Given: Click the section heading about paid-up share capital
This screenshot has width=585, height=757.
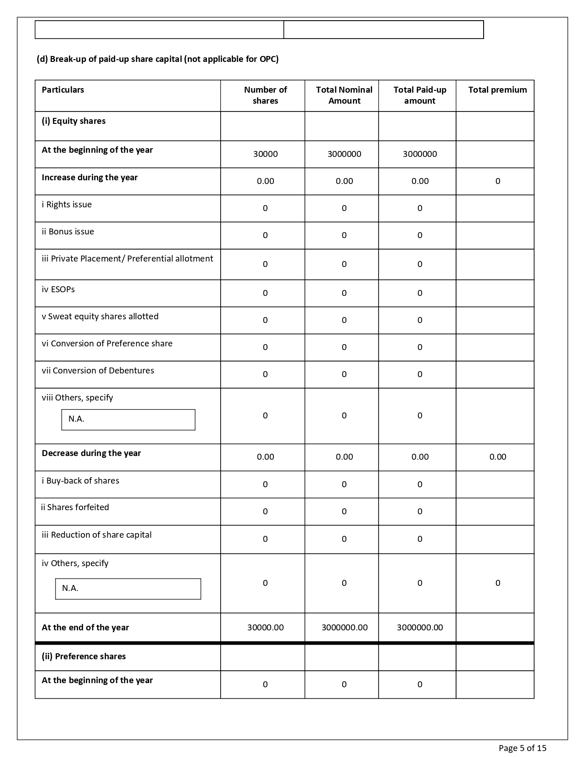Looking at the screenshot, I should tap(157, 59).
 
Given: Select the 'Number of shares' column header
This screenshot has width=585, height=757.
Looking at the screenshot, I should tap(265, 95).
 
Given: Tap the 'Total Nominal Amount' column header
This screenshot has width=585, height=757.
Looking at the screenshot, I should tap(344, 95).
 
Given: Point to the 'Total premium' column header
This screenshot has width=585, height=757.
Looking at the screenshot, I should tap(497, 90).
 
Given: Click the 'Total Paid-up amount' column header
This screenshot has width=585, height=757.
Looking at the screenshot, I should tap(419, 95).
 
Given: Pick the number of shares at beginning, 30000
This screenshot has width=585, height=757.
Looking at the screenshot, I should tap(265, 154).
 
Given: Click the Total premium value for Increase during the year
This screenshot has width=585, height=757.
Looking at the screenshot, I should tap(497, 181).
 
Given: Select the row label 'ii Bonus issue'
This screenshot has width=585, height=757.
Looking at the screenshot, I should tap(68, 232).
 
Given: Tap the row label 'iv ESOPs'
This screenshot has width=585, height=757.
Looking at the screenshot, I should tap(58, 289).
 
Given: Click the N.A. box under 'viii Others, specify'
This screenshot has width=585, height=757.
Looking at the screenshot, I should tap(128, 419).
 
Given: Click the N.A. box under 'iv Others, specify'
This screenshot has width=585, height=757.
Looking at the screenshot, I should tap(128, 589).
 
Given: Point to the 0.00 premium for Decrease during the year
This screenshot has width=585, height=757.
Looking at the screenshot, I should tap(497, 457).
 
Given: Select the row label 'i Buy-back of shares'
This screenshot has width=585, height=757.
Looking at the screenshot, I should tap(80, 481).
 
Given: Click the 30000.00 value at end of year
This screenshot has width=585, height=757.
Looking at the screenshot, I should tap(265, 628).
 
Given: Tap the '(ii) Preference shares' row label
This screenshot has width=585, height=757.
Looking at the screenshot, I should tap(84, 657).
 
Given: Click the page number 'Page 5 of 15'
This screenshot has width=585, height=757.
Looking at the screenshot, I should tap(522, 748).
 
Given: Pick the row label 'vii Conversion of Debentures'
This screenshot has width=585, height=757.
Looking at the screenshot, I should tap(98, 371).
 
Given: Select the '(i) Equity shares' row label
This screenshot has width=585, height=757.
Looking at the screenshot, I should tap(73, 121).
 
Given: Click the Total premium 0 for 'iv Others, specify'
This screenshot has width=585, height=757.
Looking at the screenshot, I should tap(497, 583).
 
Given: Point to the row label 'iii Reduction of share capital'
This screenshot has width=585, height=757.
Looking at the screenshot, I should tap(96, 535).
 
